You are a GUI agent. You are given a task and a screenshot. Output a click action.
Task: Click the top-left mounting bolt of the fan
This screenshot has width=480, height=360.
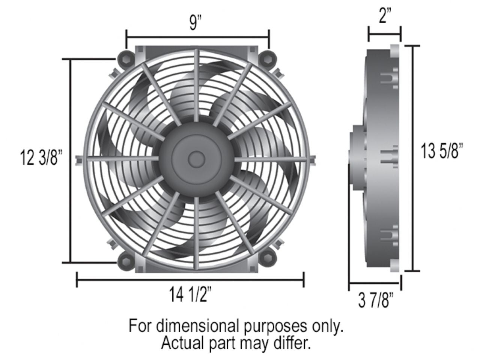(x=125, y=58)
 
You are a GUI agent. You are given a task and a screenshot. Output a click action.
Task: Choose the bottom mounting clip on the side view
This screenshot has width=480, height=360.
(x=390, y=236)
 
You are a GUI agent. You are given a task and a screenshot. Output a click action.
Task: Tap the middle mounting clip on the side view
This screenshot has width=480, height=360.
(x=390, y=157)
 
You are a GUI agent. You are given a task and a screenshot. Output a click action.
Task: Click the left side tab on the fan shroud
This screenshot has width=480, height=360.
(x=78, y=159)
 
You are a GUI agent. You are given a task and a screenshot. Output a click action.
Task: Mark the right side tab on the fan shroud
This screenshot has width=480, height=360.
(x=313, y=159)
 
